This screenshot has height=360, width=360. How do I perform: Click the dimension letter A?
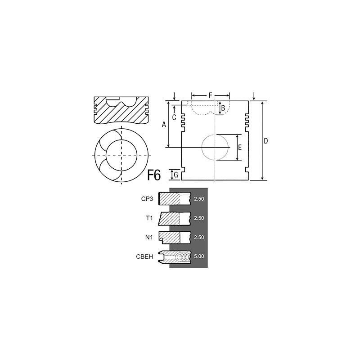(x=164, y=125)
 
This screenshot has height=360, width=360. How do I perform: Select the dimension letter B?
(x=223, y=108)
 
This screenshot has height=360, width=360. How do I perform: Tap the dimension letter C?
(x=174, y=117)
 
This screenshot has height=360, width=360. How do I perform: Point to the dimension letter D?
(x=265, y=141)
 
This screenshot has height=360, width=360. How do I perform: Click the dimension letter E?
(x=240, y=148)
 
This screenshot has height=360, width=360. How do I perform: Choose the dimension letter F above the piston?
(x=211, y=95)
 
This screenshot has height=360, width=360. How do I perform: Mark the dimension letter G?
(x=176, y=175)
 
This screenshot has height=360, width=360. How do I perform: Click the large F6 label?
(x=154, y=175)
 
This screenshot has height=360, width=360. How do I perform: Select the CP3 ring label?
(x=147, y=199)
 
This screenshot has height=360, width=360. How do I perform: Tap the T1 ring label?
(x=149, y=218)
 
